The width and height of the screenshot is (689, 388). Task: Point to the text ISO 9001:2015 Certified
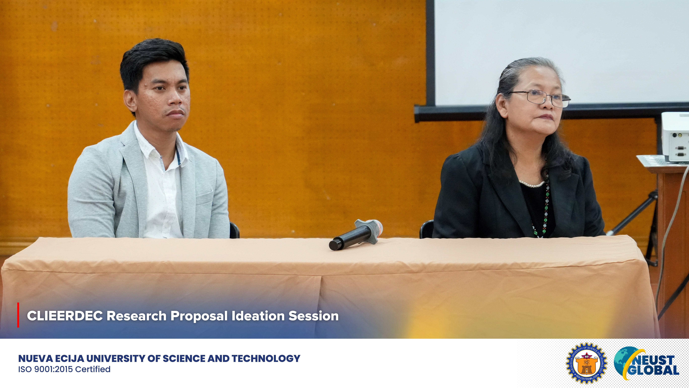[x=64, y=369]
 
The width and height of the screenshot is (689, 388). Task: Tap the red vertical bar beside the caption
[x=18, y=315]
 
